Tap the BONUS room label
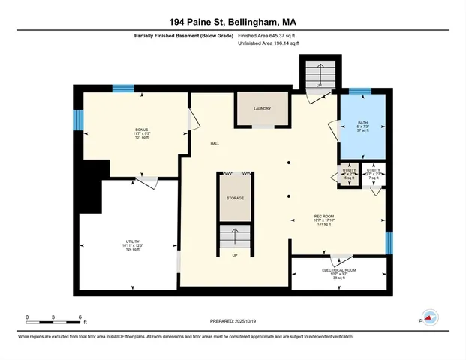coord(132,130)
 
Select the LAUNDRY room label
coord(261,109)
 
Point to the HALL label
coord(215,142)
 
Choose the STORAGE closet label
coord(236,199)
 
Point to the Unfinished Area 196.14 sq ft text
coord(269,43)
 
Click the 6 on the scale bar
coord(80,317)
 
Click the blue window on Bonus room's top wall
coord(123,88)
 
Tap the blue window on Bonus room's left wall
coord(77,120)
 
